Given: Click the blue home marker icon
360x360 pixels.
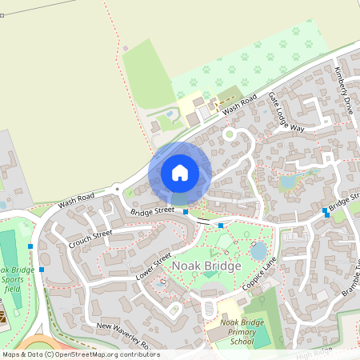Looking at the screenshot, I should (x=180, y=172).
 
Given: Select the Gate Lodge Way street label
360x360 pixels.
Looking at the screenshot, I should (x=286, y=112).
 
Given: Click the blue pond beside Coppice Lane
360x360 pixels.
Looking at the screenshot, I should (x=258, y=251).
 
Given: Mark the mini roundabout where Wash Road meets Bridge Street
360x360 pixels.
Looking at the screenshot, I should (x=118, y=190).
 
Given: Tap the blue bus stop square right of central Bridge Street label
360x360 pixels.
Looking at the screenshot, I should (x=186, y=212).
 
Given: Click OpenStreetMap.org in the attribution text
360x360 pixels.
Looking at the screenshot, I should (x=91, y=354).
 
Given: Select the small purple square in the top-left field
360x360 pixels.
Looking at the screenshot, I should (x=125, y=48).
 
